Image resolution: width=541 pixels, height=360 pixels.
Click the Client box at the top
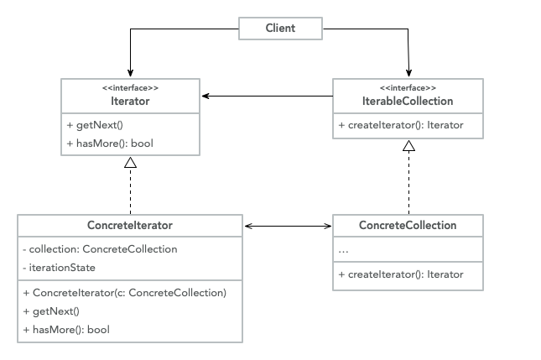(x=280, y=28)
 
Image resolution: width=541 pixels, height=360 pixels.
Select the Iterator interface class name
(x=130, y=101)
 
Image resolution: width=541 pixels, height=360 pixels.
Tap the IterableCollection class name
(x=408, y=101)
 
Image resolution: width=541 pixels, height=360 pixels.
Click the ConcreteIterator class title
(x=130, y=226)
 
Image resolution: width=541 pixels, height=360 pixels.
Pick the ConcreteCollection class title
(x=408, y=226)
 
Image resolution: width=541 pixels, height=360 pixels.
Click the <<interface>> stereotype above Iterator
(x=130, y=87)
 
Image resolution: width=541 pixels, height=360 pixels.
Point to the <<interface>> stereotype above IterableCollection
(x=408, y=87)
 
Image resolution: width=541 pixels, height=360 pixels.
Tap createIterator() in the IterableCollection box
(x=400, y=126)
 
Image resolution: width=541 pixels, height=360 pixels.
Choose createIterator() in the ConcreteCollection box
(x=400, y=274)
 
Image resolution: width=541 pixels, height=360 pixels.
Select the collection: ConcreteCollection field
(x=100, y=249)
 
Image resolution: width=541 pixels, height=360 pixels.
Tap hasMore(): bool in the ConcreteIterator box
(x=66, y=329)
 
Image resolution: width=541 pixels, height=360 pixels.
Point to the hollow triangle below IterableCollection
(x=408, y=146)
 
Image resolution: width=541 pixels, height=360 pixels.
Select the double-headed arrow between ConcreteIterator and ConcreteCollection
(x=288, y=226)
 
